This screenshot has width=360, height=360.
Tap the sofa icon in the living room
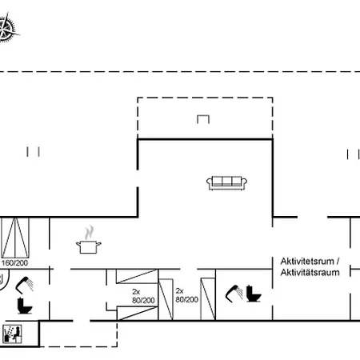click(x=226, y=183)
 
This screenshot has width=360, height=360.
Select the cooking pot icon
click(x=89, y=246)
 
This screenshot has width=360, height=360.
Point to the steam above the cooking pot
click(x=90, y=233)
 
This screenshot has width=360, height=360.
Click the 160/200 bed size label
click(x=14, y=263)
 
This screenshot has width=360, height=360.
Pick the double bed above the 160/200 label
click(x=15, y=238)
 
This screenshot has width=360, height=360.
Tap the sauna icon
click(x=12, y=334)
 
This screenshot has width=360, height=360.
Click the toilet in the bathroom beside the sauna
click(x=25, y=306)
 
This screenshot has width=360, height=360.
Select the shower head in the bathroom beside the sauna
click(x=25, y=285)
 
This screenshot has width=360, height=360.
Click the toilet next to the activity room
click(x=254, y=294)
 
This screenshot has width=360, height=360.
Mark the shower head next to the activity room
click(x=234, y=294)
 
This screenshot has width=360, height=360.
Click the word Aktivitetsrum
click(x=307, y=262)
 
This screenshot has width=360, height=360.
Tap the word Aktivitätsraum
click(x=310, y=273)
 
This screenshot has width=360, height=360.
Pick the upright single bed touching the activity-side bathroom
click(x=208, y=298)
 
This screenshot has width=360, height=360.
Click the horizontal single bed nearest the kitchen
click(x=137, y=276)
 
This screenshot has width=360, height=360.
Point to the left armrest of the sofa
click(x=209, y=182)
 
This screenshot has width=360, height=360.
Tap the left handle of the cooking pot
click(x=78, y=243)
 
